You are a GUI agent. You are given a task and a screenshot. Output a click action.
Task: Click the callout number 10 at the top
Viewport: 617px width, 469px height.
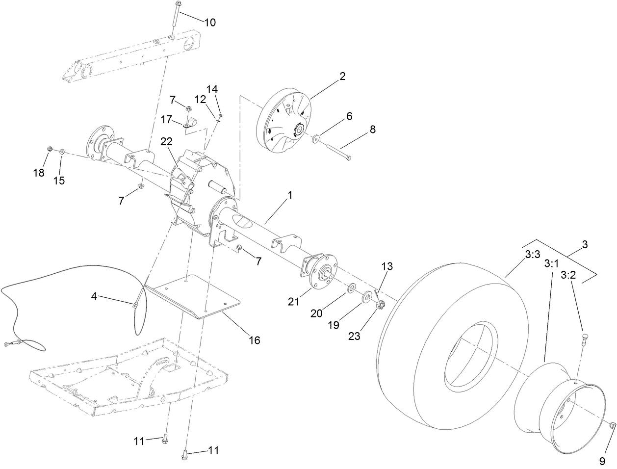click(x=209, y=23)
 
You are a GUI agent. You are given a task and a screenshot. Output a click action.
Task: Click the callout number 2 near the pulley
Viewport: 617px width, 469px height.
click(x=342, y=76)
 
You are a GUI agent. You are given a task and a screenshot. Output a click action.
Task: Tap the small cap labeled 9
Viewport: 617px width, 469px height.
click(x=613, y=426)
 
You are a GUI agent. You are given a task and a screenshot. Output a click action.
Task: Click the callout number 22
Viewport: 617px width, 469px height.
click(x=167, y=141)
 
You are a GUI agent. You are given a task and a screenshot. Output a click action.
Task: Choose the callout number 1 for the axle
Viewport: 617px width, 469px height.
click(x=290, y=195)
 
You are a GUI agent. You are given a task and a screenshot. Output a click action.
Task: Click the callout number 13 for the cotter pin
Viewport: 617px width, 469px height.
click(x=387, y=266)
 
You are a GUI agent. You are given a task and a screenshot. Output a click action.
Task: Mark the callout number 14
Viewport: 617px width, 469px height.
click(x=211, y=89)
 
